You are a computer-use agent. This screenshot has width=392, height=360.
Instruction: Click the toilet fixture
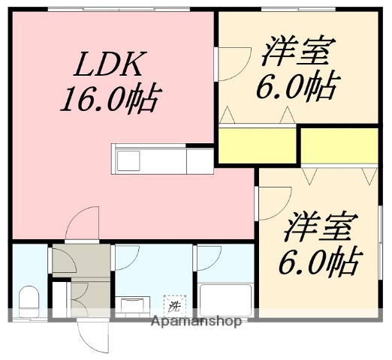point(29,300)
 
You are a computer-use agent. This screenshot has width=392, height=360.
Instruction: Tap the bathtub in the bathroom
point(223,300)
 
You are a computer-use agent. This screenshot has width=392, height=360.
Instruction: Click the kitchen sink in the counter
point(128,160)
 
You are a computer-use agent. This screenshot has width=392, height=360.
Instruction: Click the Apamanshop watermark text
point(196,322)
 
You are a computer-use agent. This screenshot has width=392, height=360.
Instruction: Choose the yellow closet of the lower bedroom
point(339,145)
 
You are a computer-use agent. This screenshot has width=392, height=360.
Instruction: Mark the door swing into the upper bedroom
point(234,64)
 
